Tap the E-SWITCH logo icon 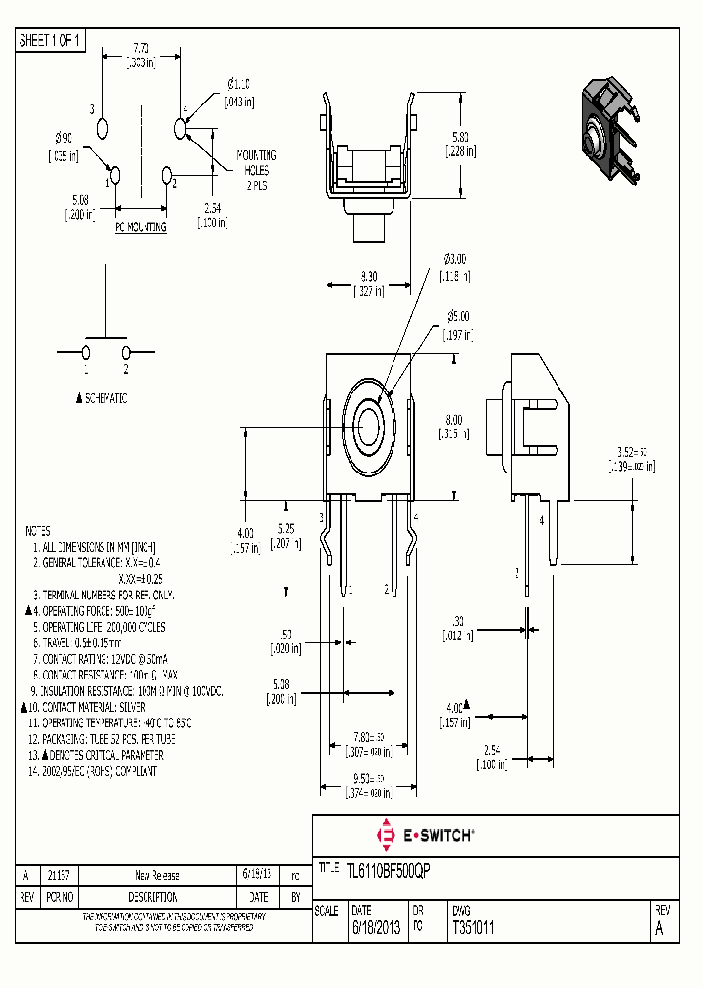click(385, 835)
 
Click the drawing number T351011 click(474, 929)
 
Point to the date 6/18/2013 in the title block click(376, 929)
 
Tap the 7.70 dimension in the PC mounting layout click(143, 48)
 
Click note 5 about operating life click(99, 626)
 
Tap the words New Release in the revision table click(156, 875)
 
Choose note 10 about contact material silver click(91, 706)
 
